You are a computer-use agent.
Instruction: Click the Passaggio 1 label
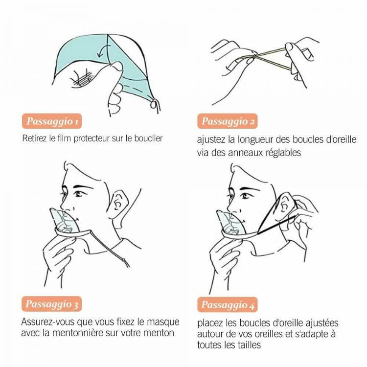click(52, 121)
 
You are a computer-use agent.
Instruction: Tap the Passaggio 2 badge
click(227, 121)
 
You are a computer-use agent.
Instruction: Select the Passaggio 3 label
click(52, 304)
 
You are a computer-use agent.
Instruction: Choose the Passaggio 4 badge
click(227, 305)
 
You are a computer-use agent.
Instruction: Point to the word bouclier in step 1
click(148, 138)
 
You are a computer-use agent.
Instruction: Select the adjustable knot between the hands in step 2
click(254, 56)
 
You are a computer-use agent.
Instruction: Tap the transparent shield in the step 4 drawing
click(230, 223)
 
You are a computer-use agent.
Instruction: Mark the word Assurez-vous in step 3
click(48, 322)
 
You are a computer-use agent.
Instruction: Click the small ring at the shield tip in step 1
click(154, 104)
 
